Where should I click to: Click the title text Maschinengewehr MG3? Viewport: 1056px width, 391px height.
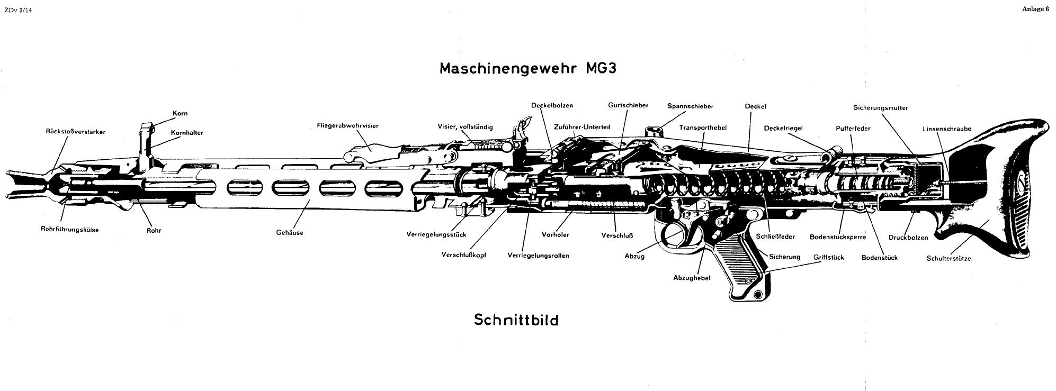pos(527,69)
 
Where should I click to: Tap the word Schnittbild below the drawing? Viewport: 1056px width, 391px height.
pos(516,320)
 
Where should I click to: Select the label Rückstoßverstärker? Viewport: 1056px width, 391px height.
pos(76,132)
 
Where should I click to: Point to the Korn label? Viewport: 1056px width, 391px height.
pos(180,113)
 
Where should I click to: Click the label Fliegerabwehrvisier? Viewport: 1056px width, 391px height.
pos(347,126)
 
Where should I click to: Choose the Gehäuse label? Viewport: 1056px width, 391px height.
pos(290,233)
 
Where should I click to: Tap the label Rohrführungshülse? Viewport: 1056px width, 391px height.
pos(69,230)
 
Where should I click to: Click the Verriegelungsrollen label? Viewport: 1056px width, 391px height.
pos(538,256)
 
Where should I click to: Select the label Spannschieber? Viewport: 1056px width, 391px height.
pos(690,106)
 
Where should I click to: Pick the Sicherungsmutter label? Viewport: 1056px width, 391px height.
pos(880,108)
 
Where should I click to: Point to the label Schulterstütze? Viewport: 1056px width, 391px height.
pos(948,259)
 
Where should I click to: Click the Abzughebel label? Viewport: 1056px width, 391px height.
pos(691,278)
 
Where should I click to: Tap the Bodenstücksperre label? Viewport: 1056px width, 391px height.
pos(837,237)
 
